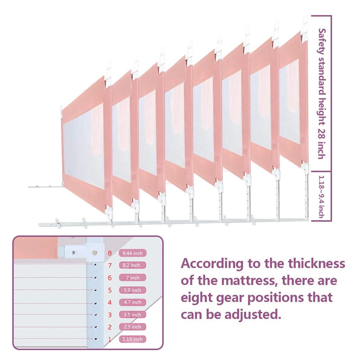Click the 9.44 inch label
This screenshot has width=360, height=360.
(132, 253)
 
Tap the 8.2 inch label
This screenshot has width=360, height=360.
(132, 265)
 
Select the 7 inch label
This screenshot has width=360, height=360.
(132, 278)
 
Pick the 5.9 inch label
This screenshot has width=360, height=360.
(132, 290)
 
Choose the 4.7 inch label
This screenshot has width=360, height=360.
(132, 302)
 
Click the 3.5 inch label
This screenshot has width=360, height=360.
(132, 315)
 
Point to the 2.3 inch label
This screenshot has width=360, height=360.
(132, 327)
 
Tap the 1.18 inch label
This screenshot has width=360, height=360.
(132, 339)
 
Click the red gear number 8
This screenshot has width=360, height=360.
(110, 253)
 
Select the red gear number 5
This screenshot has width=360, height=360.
(110, 290)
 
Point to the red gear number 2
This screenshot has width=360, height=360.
(110, 327)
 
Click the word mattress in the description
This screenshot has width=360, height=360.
(238, 280)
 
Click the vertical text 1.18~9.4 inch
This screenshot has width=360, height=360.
(321, 197)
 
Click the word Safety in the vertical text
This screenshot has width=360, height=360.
(322, 41)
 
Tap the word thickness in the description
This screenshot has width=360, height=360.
(317, 263)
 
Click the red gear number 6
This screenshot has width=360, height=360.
(110, 278)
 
